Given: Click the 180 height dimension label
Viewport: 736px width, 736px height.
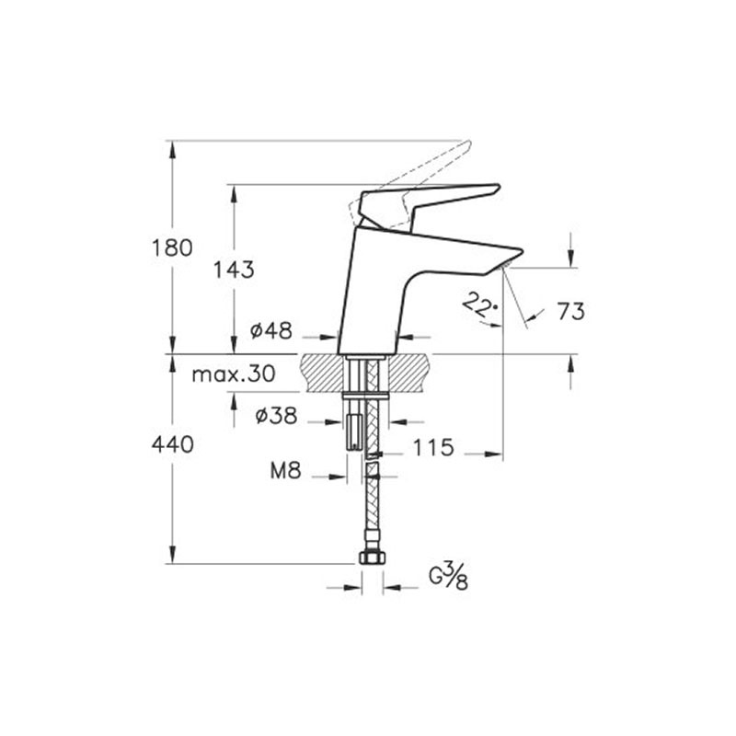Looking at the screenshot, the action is pyautogui.click(x=172, y=247).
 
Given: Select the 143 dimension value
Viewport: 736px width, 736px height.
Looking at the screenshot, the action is pyautogui.click(x=234, y=270).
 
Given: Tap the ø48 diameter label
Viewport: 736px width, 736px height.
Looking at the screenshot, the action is pyautogui.click(x=271, y=330).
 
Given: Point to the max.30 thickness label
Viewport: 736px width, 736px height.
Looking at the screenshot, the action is pyautogui.click(x=234, y=374).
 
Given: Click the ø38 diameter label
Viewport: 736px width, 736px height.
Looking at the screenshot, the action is pyautogui.click(x=277, y=416).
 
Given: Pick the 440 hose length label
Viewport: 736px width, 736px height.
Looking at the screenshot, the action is pyautogui.click(x=172, y=444).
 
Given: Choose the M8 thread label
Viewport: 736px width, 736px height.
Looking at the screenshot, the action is pyautogui.click(x=285, y=470).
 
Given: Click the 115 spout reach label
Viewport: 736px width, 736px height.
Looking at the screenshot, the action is pyautogui.click(x=433, y=447).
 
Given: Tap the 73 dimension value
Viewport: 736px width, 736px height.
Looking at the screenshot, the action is pyautogui.click(x=570, y=311).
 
